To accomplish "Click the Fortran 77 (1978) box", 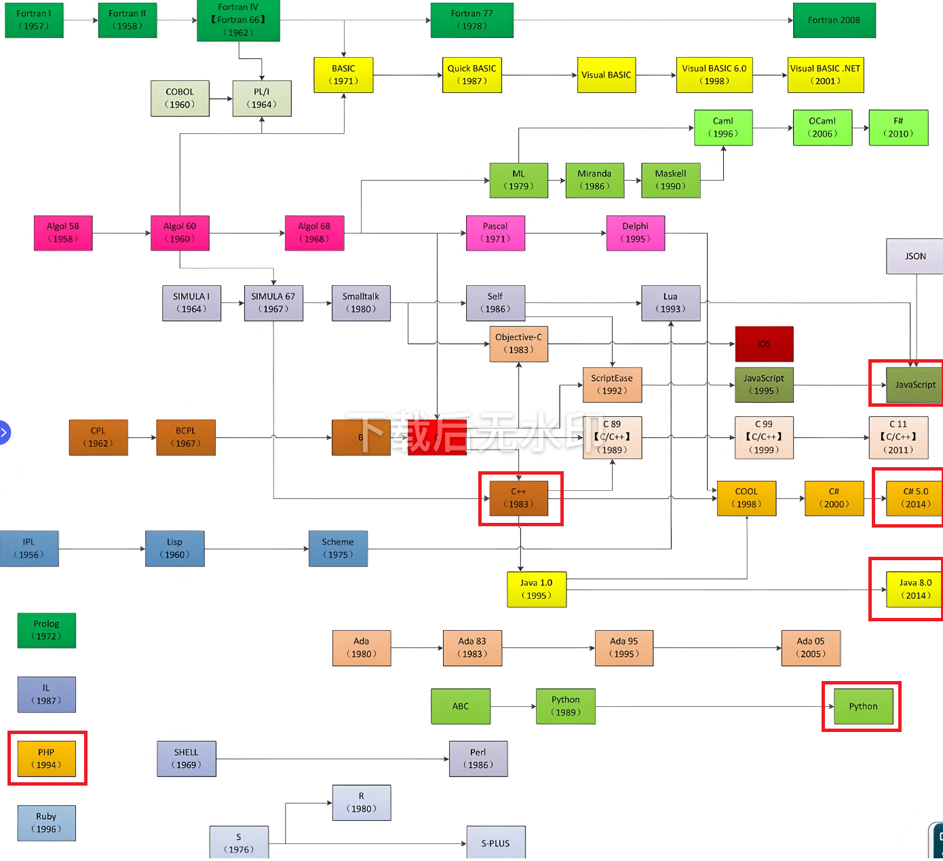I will [471, 20].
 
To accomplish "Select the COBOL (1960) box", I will [180, 98].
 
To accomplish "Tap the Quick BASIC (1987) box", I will [471, 75].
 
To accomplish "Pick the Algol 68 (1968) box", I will [314, 233].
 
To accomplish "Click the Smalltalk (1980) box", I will [361, 303].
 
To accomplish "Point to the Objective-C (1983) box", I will [518, 344].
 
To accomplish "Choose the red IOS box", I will [764, 344].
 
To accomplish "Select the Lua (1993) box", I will [670, 303].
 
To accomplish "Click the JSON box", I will [915, 256].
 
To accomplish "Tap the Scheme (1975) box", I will [338, 549].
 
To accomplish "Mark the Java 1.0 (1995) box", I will [536, 589].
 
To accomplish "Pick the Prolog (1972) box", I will [46, 630].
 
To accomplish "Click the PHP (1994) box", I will [46, 758].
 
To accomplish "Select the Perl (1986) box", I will [478, 758].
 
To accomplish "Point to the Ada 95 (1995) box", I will [623, 648].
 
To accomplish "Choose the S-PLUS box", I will [495, 843].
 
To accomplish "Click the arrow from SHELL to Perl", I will [332, 759].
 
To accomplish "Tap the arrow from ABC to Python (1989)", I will [513, 707].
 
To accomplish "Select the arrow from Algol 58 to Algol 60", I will [122, 233].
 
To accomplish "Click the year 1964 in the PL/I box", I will [262, 105].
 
